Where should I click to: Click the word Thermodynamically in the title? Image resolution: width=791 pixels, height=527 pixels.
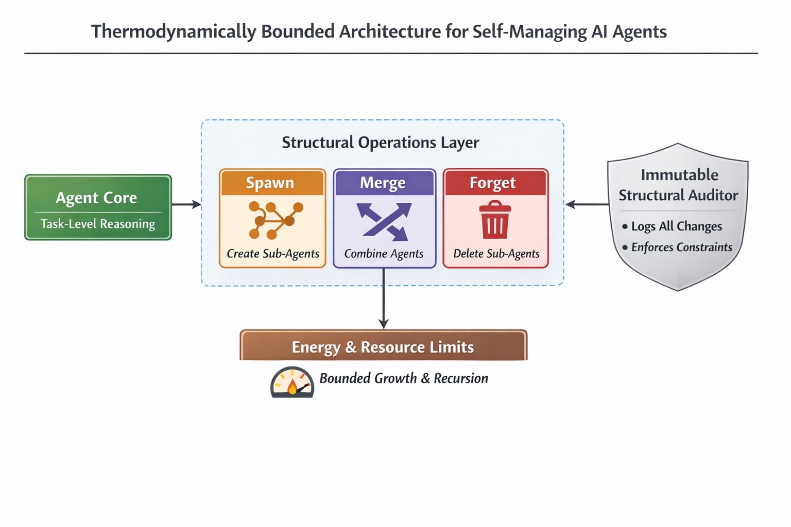tap(174, 32)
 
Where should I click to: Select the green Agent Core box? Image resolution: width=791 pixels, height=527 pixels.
tap(98, 207)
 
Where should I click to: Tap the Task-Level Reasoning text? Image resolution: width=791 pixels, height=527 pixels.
tap(98, 224)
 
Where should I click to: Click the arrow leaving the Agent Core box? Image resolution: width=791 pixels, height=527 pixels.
tap(186, 204)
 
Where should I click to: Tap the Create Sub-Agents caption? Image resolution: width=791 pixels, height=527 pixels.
tap(273, 253)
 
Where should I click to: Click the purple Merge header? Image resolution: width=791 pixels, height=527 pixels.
tap(384, 183)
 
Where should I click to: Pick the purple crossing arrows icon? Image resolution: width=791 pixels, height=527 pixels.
tap(384, 222)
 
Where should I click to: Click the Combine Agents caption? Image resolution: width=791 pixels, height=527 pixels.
tap(384, 253)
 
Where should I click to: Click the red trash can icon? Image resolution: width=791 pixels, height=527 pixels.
tap(495, 220)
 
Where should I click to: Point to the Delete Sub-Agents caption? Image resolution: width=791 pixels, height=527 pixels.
tap(496, 253)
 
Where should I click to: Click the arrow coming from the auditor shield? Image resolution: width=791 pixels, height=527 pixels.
tap(587, 204)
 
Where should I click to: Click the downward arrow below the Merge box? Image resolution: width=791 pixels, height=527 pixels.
tap(384, 298)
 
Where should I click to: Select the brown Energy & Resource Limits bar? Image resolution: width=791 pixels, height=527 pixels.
tap(384, 345)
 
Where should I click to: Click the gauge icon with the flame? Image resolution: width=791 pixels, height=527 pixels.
tap(293, 382)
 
